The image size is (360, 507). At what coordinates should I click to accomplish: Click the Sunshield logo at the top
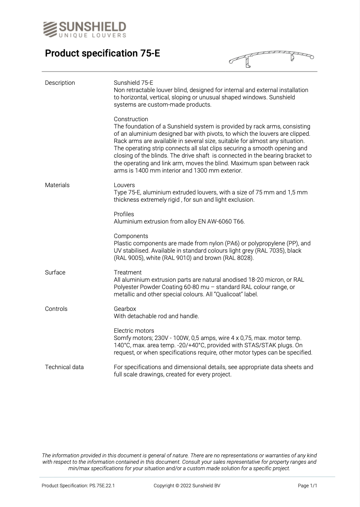tap(84, 29)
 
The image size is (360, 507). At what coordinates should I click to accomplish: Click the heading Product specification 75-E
tap(102, 54)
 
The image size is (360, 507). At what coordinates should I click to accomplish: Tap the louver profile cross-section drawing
tap(271, 59)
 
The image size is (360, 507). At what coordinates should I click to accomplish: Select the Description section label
tap(60, 83)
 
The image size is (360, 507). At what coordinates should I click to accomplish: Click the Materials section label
tap(57, 185)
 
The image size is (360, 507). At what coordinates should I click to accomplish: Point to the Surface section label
tap(55, 272)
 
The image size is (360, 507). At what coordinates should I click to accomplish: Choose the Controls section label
tap(56, 309)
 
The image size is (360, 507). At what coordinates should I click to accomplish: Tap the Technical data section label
tap(64, 367)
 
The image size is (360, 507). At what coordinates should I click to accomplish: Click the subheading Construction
tap(131, 119)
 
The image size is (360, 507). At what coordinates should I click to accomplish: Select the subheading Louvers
tap(124, 185)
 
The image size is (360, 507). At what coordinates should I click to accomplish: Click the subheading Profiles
tap(124, 214)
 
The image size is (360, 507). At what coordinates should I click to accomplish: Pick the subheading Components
tap(131, 236)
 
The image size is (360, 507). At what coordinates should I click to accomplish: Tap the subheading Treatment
tap(127, 272)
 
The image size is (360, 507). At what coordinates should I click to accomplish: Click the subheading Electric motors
tap(134, 331)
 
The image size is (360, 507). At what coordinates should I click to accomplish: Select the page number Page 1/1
tap(307, 486)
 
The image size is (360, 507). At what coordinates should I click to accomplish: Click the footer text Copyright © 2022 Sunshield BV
tap(187, 486)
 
